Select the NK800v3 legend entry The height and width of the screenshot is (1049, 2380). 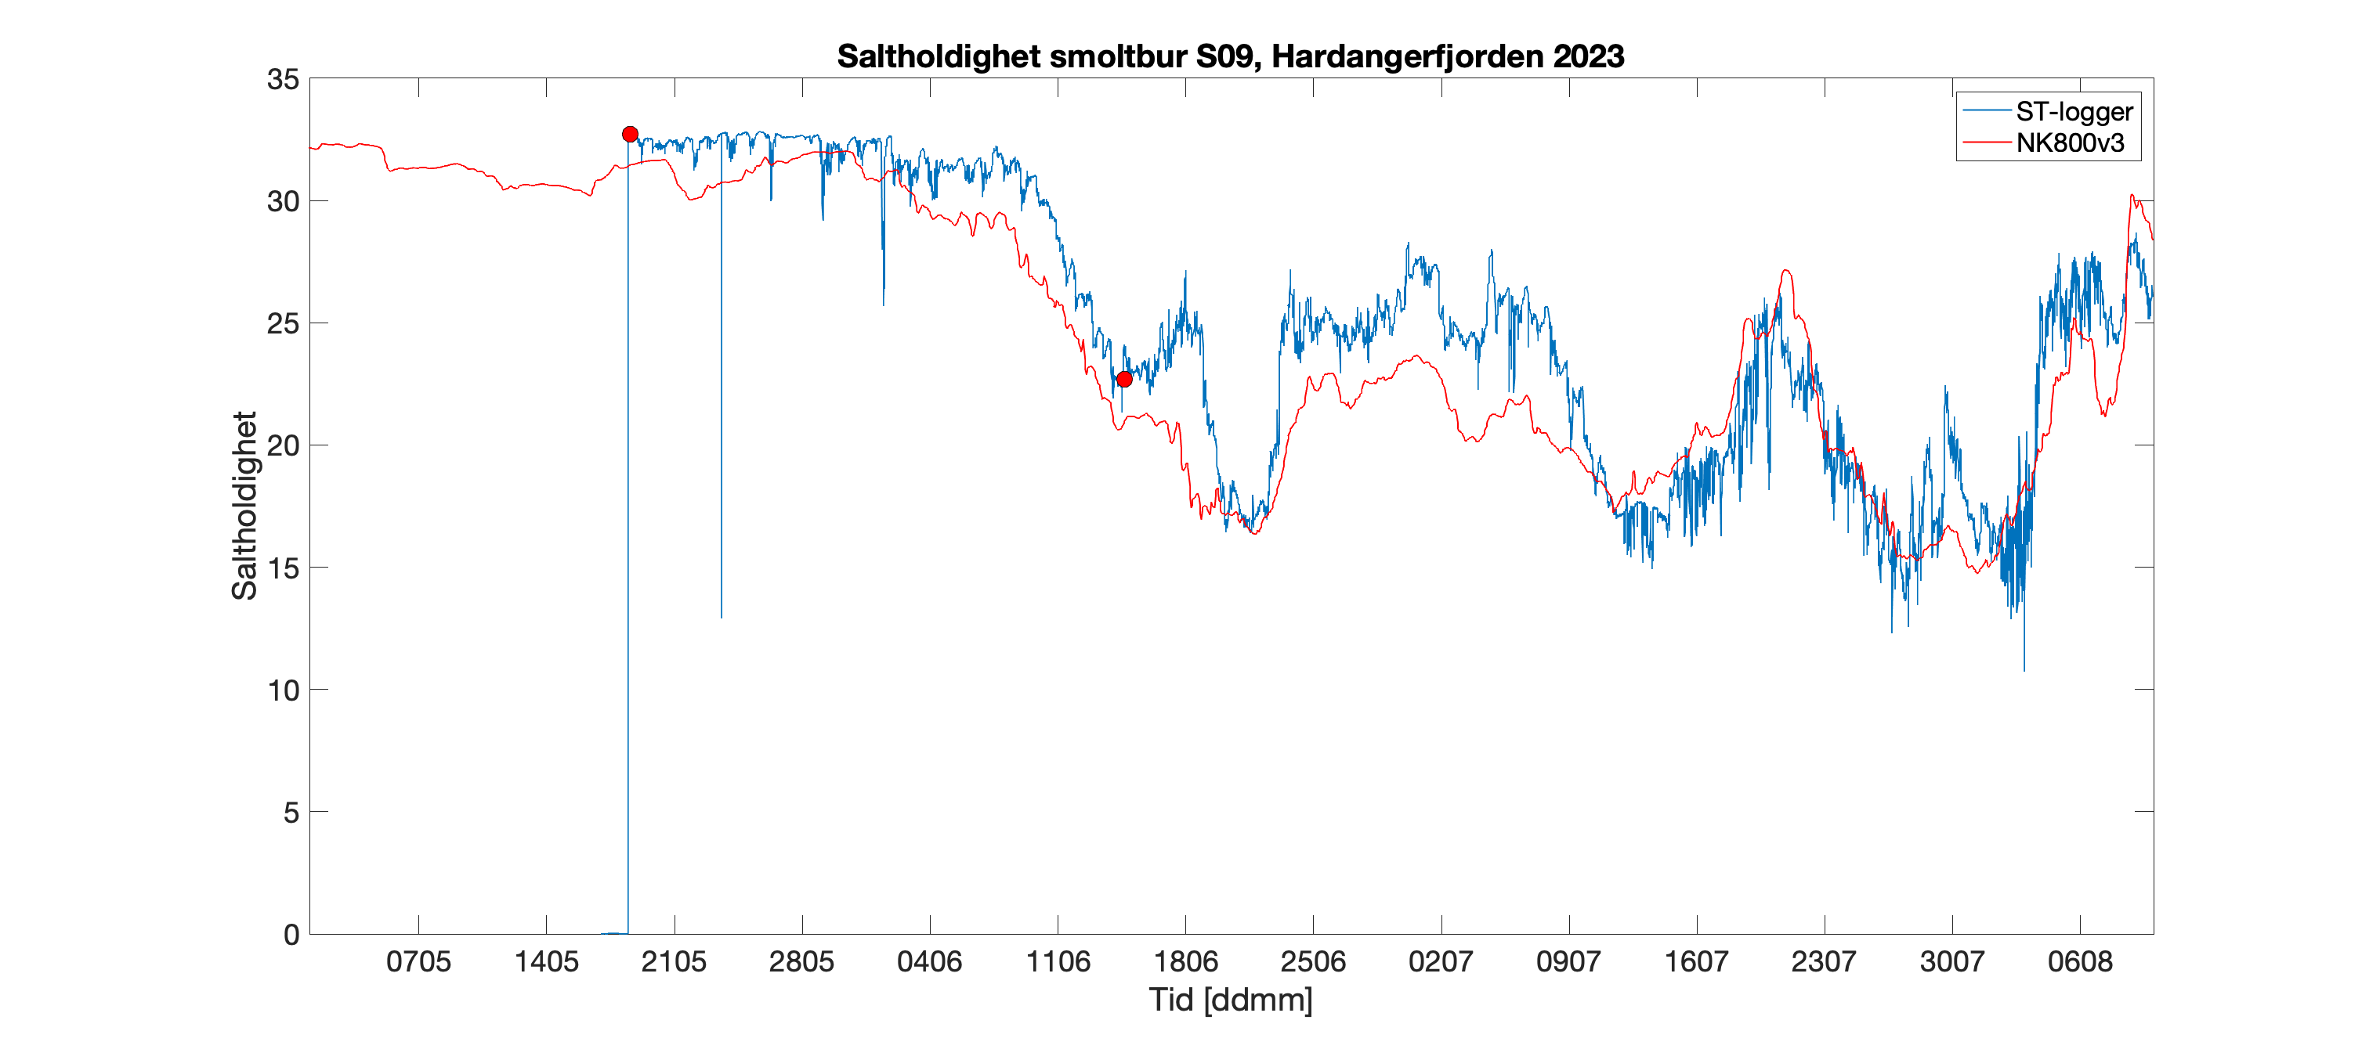(x=2070, y=143)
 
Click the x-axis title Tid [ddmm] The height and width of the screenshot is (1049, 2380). (x=1231, y=1000)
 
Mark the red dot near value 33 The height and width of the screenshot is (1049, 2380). (x=630, y=135)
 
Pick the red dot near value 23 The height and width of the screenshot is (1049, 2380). (x=1124, y=380)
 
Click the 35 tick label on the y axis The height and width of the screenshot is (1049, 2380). (x=283, y=79)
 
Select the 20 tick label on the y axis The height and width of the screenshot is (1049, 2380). (x=283, y=446)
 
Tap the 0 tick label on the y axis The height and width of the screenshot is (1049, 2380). (x=291, y=935)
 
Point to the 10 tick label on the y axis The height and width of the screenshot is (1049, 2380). (x=283, y=690)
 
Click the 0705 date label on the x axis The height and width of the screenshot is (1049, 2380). (x=418, y=962)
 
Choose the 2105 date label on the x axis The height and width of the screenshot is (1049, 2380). (x=675, y=962)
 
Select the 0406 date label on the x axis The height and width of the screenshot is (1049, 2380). (x=929, y=962)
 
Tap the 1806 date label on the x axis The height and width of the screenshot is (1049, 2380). (x=1185, y=962)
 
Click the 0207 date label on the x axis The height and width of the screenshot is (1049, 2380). (x=1441, y=962)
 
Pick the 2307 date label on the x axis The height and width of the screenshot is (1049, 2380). (x=1824, y=962)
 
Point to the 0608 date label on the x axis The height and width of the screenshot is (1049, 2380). (x=2080, y=962)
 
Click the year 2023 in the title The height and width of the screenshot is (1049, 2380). (x=1588, y=57)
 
